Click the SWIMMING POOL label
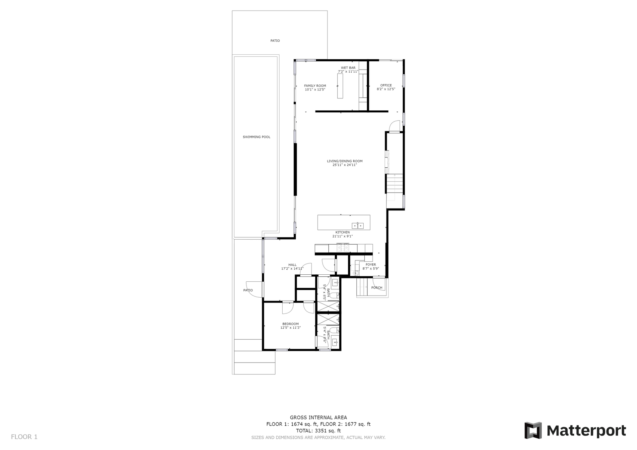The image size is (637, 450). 256,137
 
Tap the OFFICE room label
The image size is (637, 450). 386,85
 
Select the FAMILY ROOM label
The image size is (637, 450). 315,85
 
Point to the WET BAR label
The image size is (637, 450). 348,68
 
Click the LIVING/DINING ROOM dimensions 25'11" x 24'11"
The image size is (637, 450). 345,165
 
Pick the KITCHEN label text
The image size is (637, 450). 342,232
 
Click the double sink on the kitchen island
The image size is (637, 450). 358,226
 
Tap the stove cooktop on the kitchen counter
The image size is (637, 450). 343,248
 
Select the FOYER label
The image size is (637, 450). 371,264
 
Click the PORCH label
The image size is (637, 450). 377,288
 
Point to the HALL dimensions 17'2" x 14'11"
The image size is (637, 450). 292,268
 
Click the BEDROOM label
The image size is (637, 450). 290,324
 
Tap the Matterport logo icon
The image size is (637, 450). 533,430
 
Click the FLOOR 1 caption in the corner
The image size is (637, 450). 24,437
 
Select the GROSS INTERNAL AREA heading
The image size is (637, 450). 318,418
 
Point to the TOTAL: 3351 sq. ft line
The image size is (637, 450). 318,431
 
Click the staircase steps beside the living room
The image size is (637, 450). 395,185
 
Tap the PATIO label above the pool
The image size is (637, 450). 275,41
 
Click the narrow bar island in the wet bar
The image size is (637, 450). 340,86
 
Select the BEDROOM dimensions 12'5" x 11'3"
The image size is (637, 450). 290,328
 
